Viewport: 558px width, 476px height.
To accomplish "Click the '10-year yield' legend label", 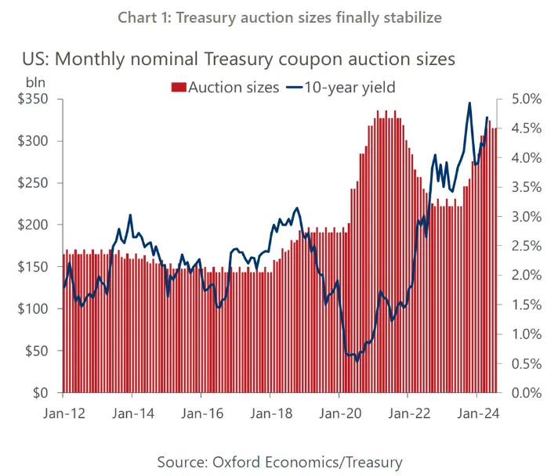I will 351,88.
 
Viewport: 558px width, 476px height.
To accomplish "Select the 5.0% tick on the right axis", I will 525,99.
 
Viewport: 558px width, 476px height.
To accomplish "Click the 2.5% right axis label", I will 525,246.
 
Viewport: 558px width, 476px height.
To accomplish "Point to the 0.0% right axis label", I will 525,392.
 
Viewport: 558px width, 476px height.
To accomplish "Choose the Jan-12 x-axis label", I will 64,410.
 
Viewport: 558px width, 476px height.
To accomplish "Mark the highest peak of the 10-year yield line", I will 469,103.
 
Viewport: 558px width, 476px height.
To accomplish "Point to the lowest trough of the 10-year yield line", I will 357,361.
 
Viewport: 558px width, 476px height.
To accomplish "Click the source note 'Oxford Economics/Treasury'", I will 279,461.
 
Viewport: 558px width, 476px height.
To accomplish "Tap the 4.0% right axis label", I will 525,158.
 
